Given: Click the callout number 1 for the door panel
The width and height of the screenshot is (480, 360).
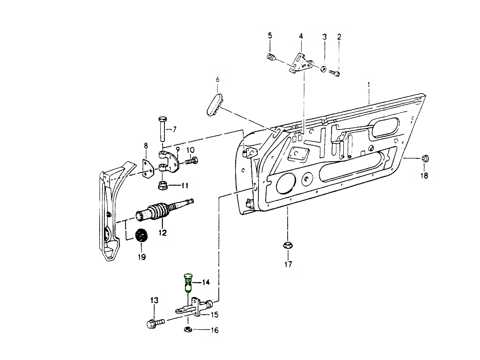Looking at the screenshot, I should tap(368, 85).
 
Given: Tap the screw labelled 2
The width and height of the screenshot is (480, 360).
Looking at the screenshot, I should tap(335, 73).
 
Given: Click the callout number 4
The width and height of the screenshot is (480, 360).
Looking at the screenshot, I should tap(301, 36).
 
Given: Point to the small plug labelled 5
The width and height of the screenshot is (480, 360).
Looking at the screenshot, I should tap(271, 58).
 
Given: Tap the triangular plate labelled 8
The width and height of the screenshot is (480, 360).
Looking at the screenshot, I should tap(148, 169).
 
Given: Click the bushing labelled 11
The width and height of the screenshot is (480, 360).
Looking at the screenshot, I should tap(162, 186).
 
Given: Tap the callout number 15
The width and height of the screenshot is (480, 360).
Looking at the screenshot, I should tap(214, 315).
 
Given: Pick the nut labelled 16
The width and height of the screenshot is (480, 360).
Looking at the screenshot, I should tap(188, 330).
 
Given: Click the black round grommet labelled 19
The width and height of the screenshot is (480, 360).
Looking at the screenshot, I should tap(141, 235).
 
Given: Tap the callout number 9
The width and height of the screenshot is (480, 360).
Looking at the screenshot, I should tap(178, 150).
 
